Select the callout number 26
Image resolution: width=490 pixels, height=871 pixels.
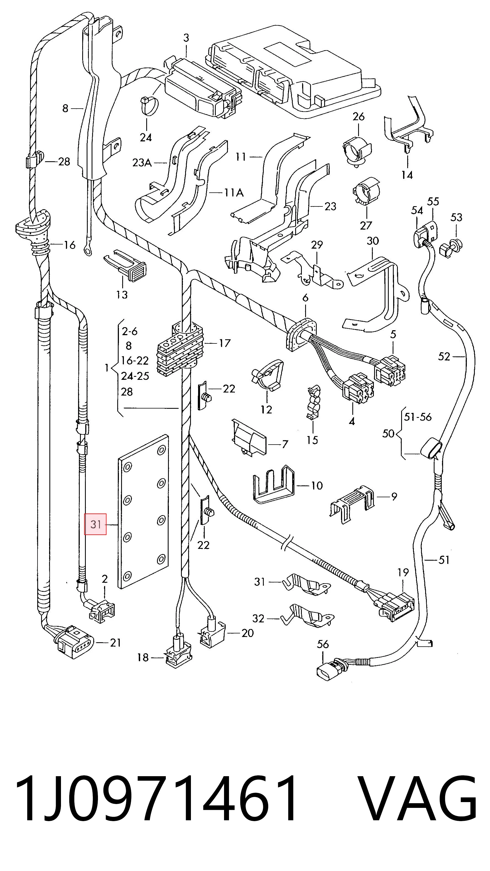click(358, 117)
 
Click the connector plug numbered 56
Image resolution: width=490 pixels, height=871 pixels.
click(330, 669)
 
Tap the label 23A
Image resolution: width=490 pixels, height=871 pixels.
click(142, 163)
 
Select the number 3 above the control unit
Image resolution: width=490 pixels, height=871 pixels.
click(186, 38)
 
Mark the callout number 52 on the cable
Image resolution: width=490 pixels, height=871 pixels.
click(444, 356)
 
